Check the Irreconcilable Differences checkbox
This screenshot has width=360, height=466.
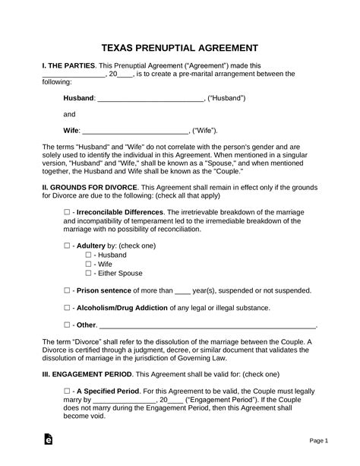click(x=68, y=211)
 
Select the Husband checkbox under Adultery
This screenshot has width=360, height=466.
click(x=89, y=256)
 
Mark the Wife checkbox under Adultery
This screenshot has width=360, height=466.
click(x=89, y=265)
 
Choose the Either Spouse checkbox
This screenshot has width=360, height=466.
click(x=89, y=273)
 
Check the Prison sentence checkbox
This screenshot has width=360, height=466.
click(x=68, y=290)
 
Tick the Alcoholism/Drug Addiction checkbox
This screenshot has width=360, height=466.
click(x=68, y=307)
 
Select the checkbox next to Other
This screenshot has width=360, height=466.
click(x=68, y=325)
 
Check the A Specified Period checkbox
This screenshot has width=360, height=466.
click(x=68, y=391)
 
